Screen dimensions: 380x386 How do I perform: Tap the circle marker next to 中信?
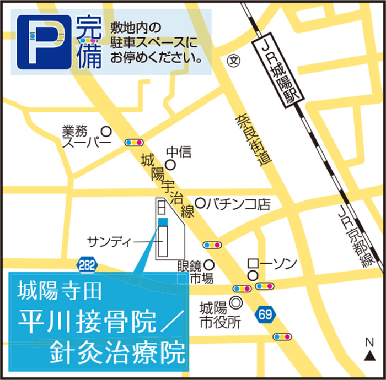[171, 164]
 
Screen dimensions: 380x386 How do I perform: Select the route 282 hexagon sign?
[87, 265]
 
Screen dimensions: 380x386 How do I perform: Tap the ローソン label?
[272, 263]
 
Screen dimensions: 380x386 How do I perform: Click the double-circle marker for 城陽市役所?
[235, 302]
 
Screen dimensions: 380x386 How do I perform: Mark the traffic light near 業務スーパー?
[134, 142]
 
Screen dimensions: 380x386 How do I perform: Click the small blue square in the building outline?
[162, 222]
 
